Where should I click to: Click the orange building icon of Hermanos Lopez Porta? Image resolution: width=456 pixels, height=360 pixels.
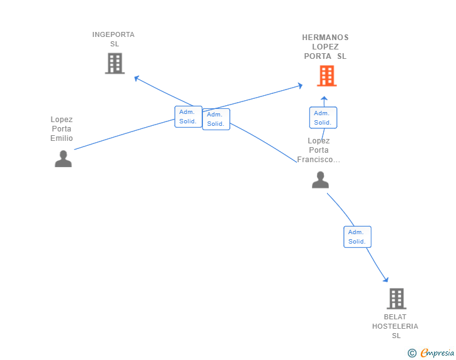click(x=326, y=76)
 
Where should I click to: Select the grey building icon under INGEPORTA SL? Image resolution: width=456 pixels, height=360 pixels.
click(x=115, y=63)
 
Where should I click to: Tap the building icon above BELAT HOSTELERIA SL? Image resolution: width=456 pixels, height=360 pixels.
click(x=396, y=299)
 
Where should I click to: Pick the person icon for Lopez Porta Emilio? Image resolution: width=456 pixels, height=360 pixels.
click(x=63, y=159)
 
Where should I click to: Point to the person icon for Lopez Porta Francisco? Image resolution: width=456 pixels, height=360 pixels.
click(x=320, y=180)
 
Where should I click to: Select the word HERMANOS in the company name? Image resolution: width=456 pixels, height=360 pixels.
click(x=325, y=38)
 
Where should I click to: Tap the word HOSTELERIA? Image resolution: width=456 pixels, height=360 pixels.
click(x=395, y=326)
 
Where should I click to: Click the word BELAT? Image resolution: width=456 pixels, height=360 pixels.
click(x=395, y=317)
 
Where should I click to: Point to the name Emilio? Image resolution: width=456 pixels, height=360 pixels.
click(x=62, y=138)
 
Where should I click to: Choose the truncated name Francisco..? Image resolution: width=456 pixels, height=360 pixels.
click(x=318, y=160)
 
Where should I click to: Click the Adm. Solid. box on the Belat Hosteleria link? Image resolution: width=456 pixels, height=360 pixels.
click(x=358, y=237)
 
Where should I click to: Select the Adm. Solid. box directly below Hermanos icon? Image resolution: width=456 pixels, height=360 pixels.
click(x=323, y=118)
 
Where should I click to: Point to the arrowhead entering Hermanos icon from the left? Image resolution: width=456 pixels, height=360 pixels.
click(x=300, y=85)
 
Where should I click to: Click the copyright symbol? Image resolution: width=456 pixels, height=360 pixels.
click(x=412, y=353)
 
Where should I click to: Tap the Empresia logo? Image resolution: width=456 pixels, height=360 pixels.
click(x=437, y=353)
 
